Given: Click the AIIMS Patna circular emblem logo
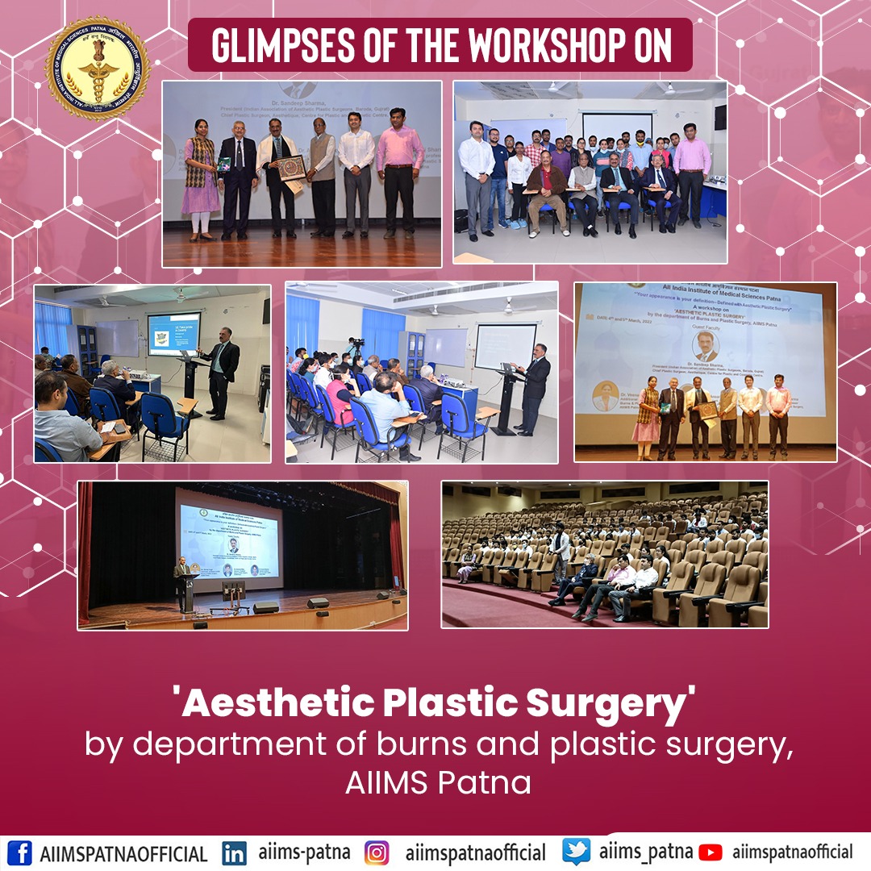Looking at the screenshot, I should [x=98, y=68].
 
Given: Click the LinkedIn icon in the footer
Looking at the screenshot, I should [x=234, y=852].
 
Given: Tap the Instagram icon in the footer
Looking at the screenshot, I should [x=377, y=852].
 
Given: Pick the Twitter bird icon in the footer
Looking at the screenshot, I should [x=576, y=852].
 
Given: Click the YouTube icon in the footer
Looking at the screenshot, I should [x=710, y=852].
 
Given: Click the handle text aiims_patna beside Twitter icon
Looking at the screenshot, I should [x=645, y=852].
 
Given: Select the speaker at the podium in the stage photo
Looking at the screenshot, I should [x=182, y=583].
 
